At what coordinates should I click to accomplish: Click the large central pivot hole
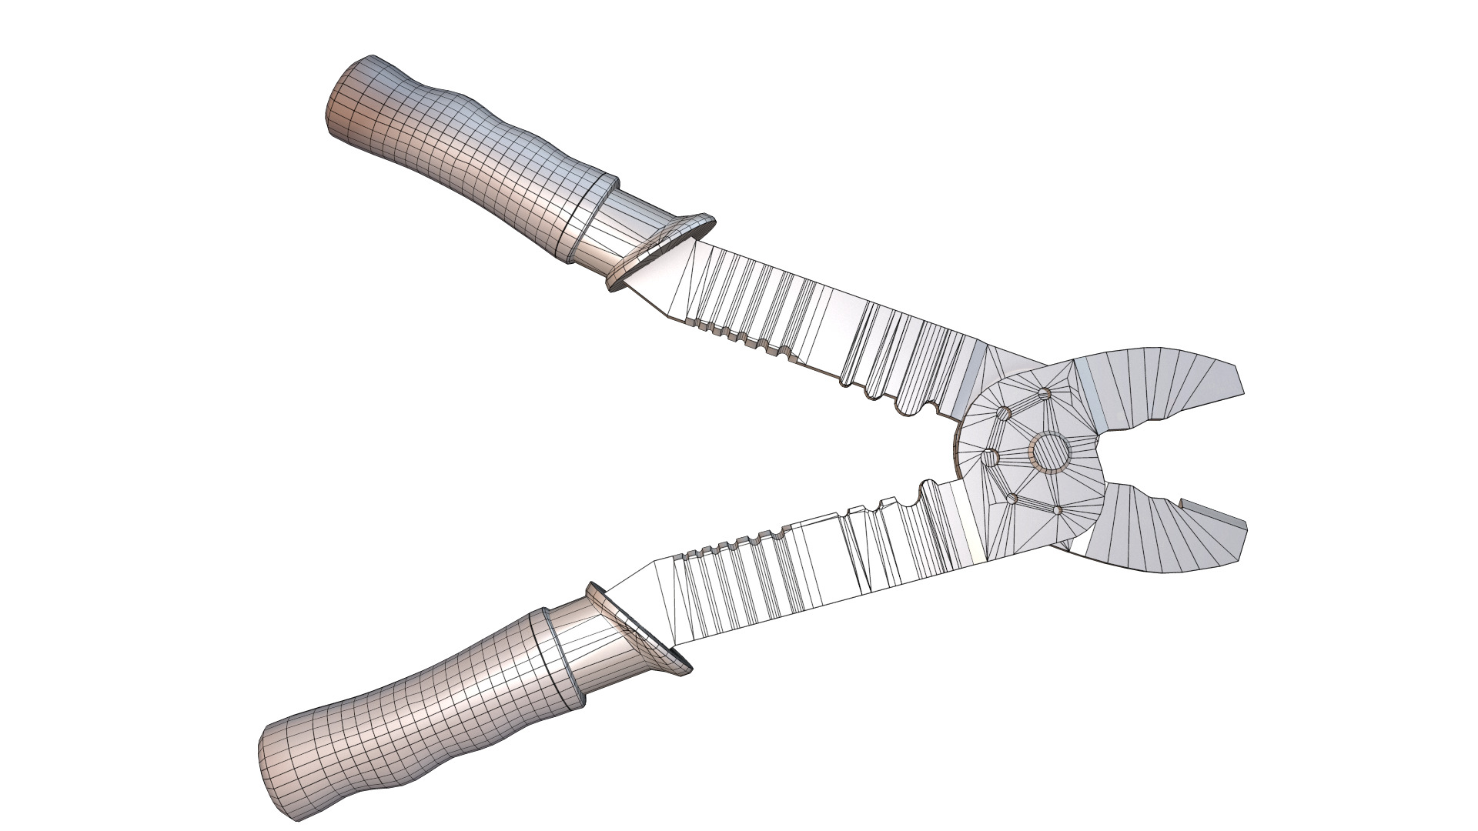1049,452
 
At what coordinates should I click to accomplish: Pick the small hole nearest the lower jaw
1058,510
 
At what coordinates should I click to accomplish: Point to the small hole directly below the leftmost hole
1012,499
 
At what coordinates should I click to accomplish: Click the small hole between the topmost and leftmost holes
1004,414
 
